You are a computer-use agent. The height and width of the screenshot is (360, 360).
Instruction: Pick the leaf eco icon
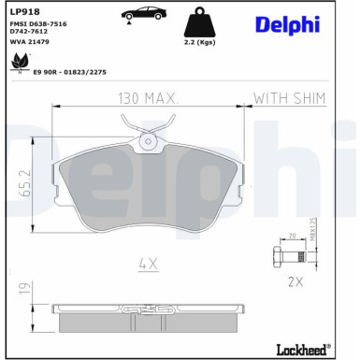pos(17,63)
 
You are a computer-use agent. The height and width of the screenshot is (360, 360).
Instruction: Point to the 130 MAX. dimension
pos(148,97)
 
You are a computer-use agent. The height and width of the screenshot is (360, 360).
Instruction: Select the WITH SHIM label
pos(291,97)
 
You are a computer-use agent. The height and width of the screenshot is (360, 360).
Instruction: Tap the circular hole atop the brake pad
pos(147,143)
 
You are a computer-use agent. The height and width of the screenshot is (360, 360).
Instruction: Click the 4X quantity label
pos(148,265)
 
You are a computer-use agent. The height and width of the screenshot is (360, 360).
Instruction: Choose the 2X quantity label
pos(297,280)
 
